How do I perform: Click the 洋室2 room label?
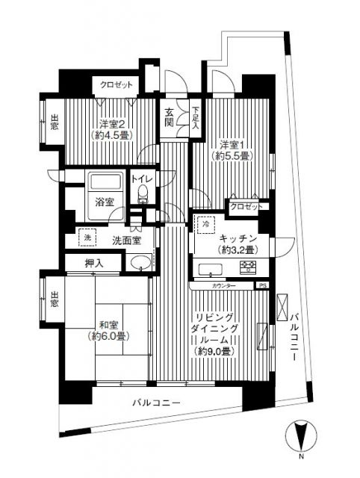pyautogui.click(x=111, y=125)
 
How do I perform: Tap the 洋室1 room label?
pyautogui.click(x=232, y=143)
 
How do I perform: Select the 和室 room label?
pyautogui.click(x=110, y=325)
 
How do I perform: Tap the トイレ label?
pyautogui.click(x=142, y=179)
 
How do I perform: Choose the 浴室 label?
pyautogui.click(x=105, y=202)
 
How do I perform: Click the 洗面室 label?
pyautogui.click(x=126, y=240)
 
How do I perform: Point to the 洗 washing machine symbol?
pyautogui.click(x=88, y=238)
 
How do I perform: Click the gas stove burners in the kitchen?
pyautogui.click(x=248, y=267)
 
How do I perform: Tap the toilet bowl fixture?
pyautogui.click(x=143, y=196)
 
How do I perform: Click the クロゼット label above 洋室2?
pyautogui.click(x=117, y=84)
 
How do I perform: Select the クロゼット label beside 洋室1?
pyautogui.click(x=246, y=206)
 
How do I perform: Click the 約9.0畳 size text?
pyautogui.click(x=217, y=351)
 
